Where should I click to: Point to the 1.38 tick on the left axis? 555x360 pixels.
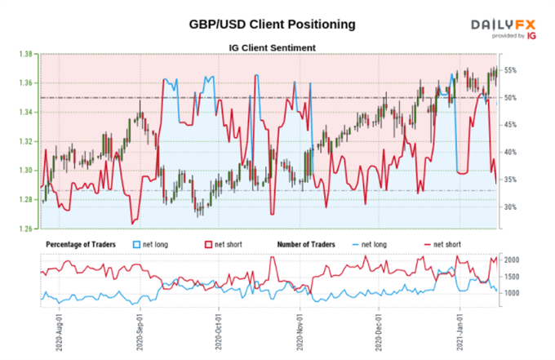26,54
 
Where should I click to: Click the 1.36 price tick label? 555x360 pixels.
26,83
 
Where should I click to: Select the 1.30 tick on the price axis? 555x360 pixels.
26,171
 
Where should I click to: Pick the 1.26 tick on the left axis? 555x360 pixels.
26,229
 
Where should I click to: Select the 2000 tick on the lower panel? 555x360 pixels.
512,260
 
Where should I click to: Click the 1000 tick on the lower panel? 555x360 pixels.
512,293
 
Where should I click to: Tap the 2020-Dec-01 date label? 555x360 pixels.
379,327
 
